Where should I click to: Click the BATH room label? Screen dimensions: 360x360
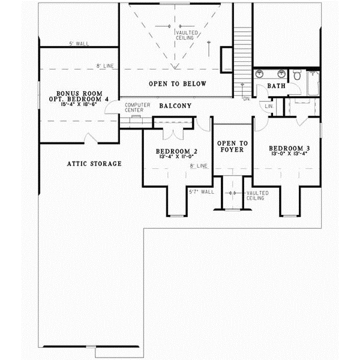click(276, 86)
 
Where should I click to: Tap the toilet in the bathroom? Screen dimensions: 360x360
click(297, 76)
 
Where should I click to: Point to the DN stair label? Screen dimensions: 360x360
click(247, 98)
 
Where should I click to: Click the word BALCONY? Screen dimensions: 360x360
click(175, 106)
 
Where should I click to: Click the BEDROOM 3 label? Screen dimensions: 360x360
click(286, 148)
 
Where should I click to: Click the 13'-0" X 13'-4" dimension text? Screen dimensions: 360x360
click(286, 154)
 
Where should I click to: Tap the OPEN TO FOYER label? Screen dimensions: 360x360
click(232, 147)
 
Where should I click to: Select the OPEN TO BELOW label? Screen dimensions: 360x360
click(178, 84)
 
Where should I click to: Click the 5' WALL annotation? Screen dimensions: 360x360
click(79, 44)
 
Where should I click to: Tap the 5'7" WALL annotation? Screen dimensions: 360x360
click(201, 192)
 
